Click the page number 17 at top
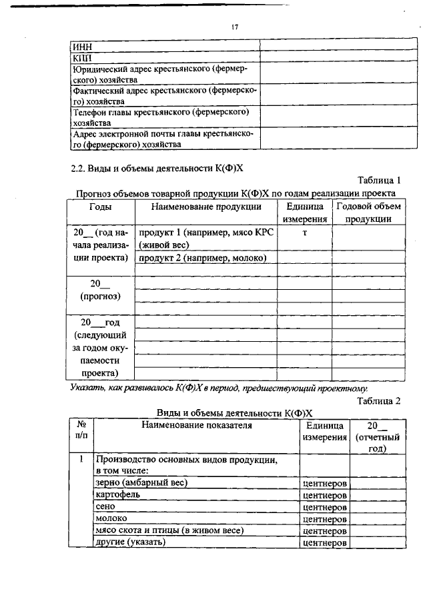tap(234, 27)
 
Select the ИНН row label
tap(81, 47)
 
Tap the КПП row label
tap(82, 58)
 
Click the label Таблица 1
tap(379, 180)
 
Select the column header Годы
tap(100, 207)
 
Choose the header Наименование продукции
tap(205, 207)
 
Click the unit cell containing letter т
tap(304, 233)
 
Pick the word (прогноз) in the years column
tap(100, 295)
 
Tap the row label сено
tap(106, 506)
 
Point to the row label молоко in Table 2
tap(111, 518)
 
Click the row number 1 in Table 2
tap(81, 460)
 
